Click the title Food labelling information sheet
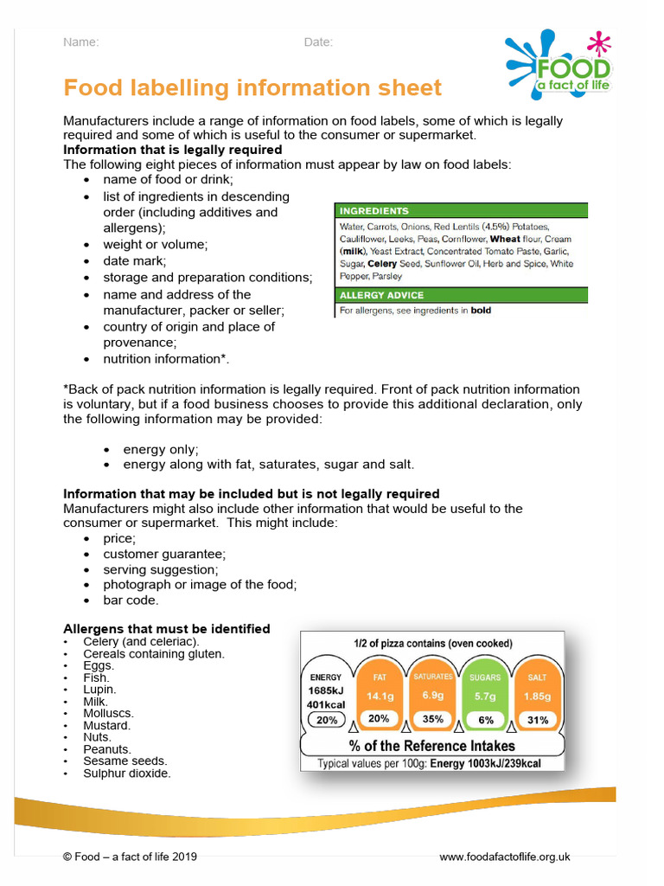[x=252, y=87]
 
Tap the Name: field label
[x=81, y=42]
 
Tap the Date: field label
[x=318, y=42]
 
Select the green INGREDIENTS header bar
[x=461, y=210]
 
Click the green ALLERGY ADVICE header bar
[x=461, y=295]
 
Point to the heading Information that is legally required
[x=173, y=150]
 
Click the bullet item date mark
[x=135, y=260]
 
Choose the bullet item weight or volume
[x=156, y=244]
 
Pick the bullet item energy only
[x=161, y=449]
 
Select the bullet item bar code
[x=131, y=600]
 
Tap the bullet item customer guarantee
[x=164, y=554]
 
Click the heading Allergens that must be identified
[x=167, y=629]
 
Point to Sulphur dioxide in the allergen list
[x=127, y=773]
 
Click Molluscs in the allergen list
[x=108, y=713]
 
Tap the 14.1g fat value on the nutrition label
[x=380, y=696]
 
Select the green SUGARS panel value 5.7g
[x=485, y=696]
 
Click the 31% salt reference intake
[x=538, y=719]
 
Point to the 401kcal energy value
[x=326, y=705]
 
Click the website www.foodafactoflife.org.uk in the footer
[x=505, y=857]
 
